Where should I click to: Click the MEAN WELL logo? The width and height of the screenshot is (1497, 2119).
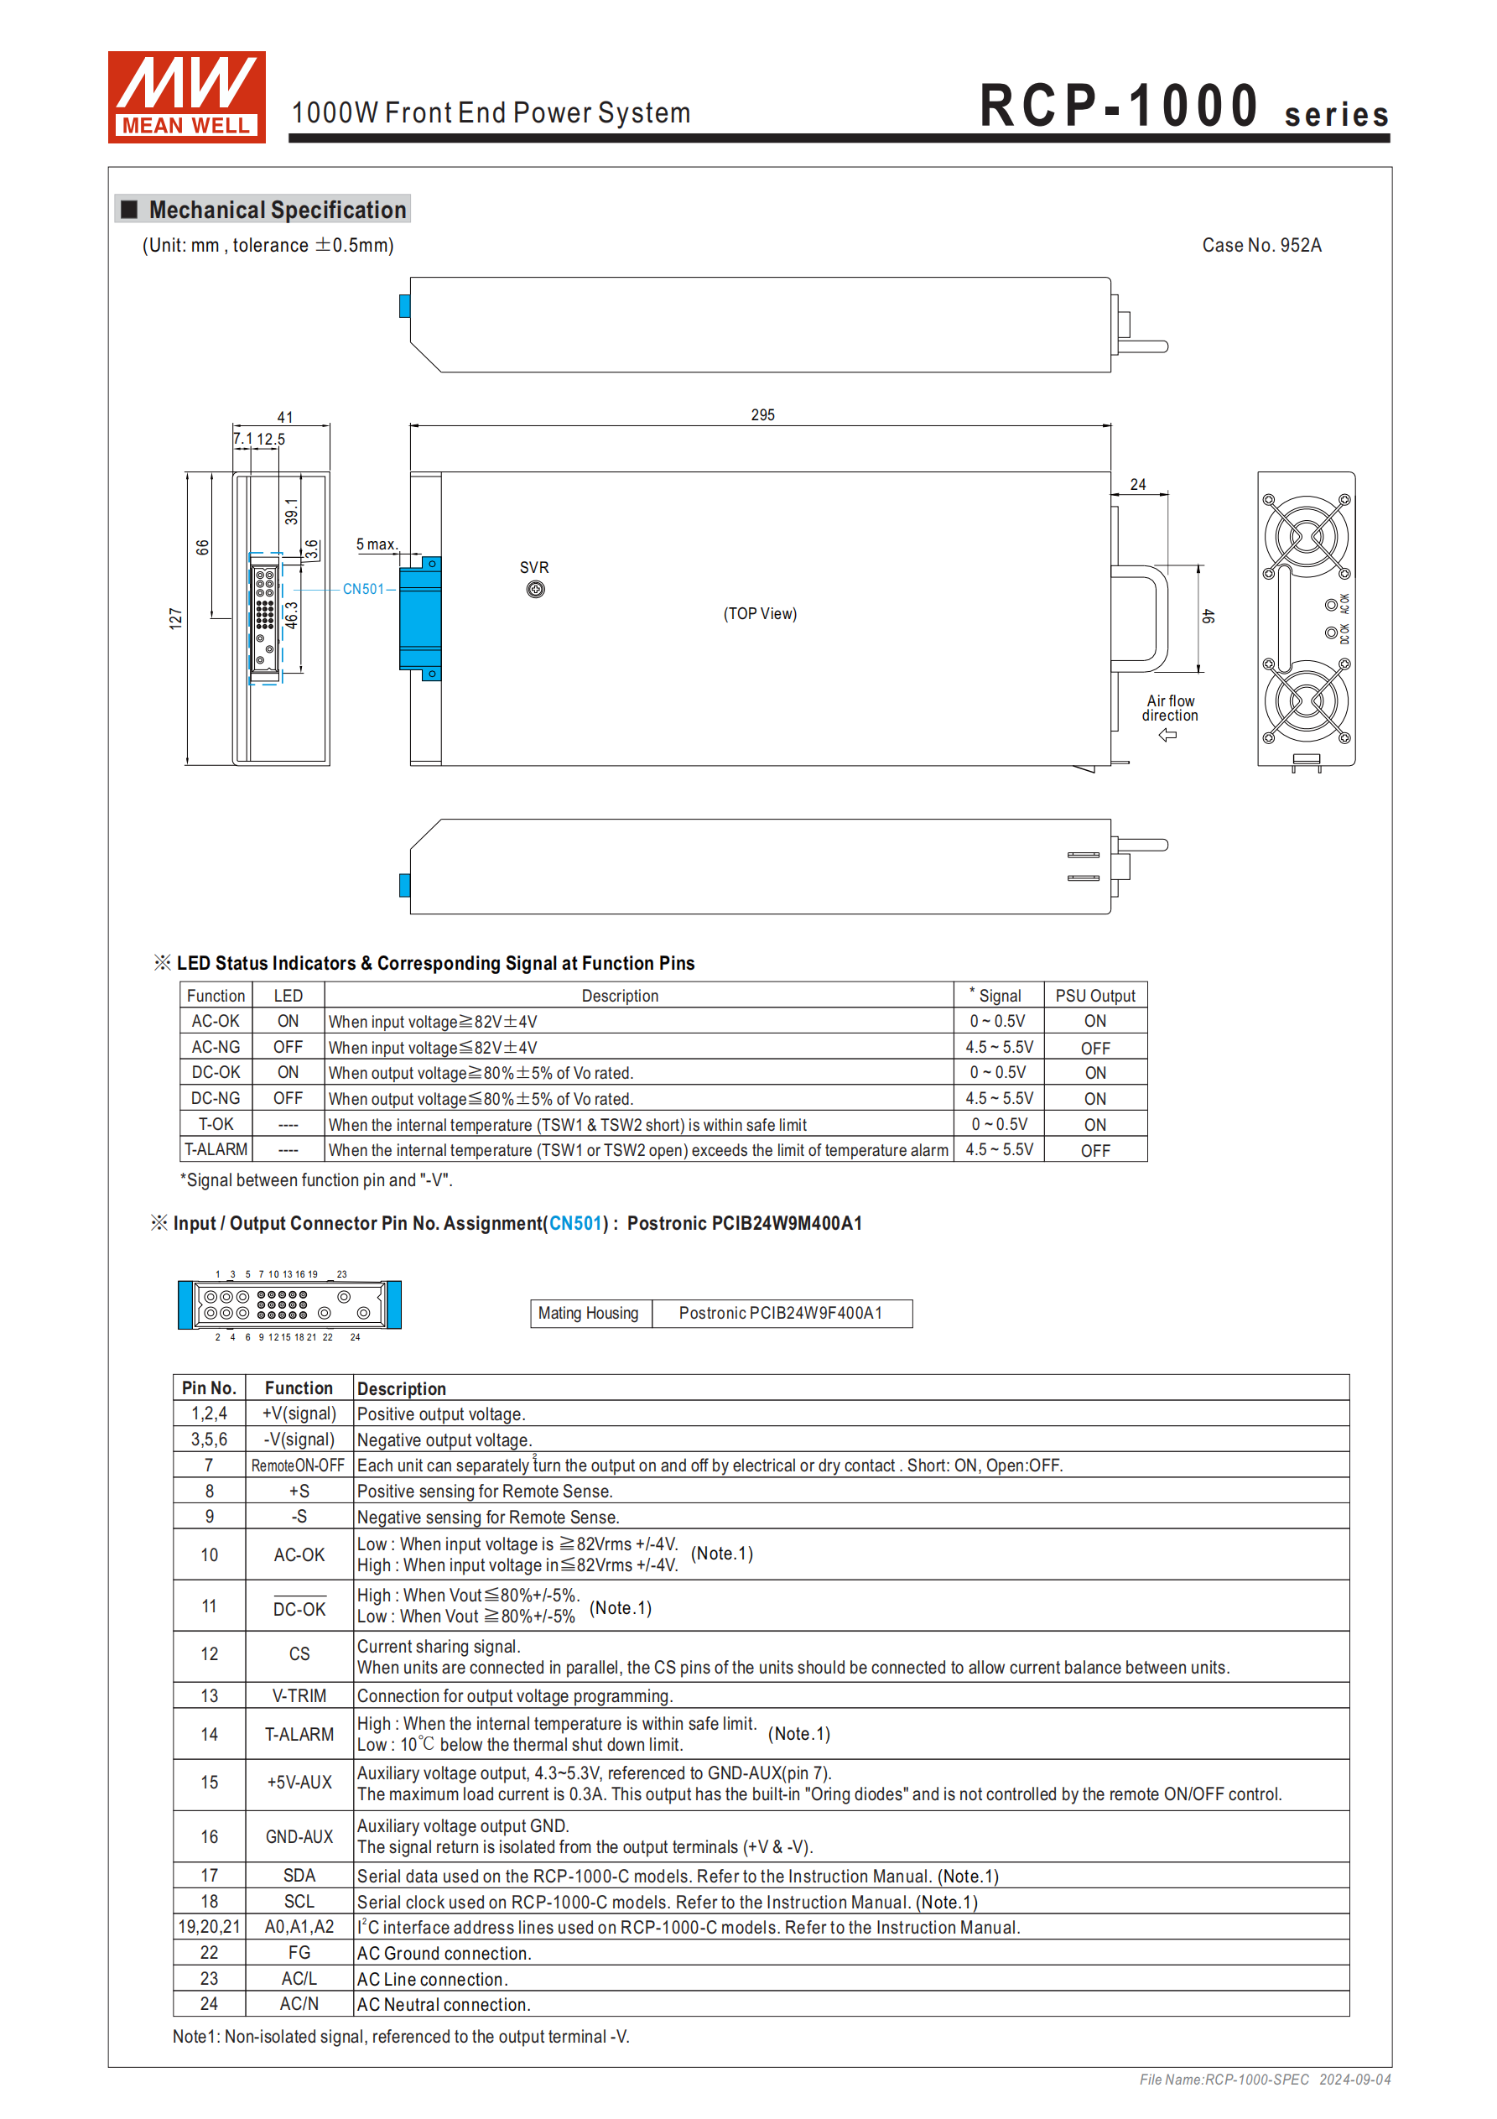coord(186,97)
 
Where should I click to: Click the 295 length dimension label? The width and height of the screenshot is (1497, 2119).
coord(762,415)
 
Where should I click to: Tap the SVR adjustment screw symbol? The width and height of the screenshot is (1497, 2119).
coord(535,590)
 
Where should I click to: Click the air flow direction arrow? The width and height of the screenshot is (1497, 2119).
coord(1167,735)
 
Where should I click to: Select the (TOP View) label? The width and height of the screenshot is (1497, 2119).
coord(760,614)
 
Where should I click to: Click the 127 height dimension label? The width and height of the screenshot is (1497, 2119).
coord(175,618)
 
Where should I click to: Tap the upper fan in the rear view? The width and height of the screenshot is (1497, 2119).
coord(1306,536)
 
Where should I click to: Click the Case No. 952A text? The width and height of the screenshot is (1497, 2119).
coord(1260,246)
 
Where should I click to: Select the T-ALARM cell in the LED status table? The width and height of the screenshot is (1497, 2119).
coord(216,1149)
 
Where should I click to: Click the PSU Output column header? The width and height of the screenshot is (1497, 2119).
coord(1094,996)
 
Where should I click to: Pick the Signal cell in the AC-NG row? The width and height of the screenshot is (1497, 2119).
coord(999,1048)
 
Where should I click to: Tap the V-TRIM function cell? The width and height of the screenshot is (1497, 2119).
coord(299,1695)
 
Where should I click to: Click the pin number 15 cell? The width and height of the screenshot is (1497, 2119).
coord(210,1782)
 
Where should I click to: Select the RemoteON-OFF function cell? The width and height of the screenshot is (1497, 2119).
coord(298,1466)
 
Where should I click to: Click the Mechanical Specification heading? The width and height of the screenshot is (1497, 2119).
coord(277,211)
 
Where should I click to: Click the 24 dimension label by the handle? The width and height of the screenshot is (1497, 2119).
coord(1138,485)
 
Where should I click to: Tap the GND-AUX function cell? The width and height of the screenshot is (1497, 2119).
coord(299,1836)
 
